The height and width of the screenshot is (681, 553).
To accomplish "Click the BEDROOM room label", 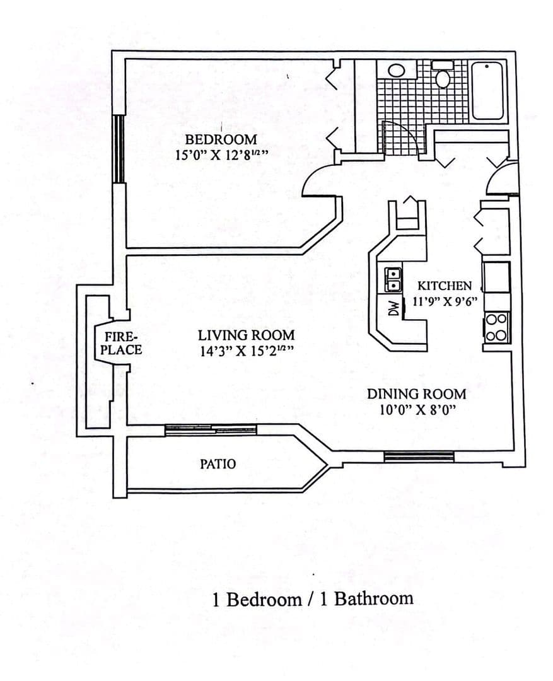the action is (221, 139).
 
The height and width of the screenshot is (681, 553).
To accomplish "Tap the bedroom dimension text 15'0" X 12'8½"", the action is (221, 155).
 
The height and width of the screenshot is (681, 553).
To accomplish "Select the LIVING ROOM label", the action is (247, 335).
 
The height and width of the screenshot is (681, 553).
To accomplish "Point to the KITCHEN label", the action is (445, 286).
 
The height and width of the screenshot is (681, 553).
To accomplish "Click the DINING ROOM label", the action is (417, 394).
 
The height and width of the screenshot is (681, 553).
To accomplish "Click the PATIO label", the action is (218, 464).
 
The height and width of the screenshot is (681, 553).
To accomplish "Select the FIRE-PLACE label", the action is (121, 343).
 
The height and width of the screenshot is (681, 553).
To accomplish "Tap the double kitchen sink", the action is (393, 279).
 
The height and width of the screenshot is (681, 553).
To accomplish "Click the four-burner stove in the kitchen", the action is (496, 327).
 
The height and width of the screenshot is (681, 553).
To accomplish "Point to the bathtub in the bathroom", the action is (487, 91).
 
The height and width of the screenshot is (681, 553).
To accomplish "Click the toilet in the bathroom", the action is (442, 74).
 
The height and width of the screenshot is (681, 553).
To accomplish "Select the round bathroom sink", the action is (397, 71).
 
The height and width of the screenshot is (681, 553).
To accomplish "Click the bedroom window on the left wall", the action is (118, 149).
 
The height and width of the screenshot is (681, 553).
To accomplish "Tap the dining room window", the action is (419, 456).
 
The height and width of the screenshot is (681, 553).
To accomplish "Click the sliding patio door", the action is (211, 429).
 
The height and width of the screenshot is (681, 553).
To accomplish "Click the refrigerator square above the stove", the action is (496, 277).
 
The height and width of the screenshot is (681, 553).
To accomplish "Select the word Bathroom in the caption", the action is (373, 598).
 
